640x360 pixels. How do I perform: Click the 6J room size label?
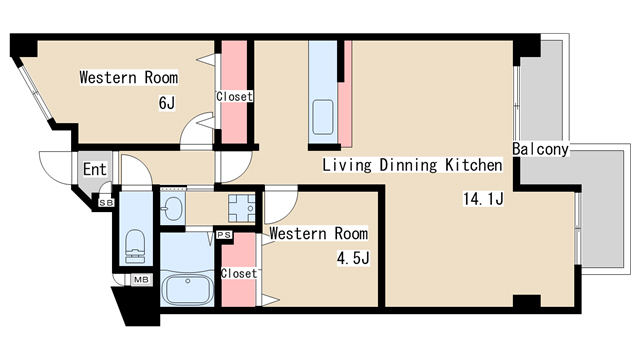tap(167, 103)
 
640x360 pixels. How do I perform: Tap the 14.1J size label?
tap(483, 199)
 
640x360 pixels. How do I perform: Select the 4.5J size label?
tap(353, 258)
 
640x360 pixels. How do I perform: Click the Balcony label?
tap(540, 149)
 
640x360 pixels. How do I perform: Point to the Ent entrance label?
tap(95, 169)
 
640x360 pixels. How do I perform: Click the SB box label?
tap(107, 202)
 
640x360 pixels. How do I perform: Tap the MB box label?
tap(141, 280)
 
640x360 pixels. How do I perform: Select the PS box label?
tap(224, 235)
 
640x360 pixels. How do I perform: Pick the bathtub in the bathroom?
tap(187, 289)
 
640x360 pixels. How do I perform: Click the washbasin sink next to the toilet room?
tap(172, 209)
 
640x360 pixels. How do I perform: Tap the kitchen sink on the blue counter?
tap(323, 117)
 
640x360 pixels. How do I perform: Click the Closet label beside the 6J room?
tap(234, 97)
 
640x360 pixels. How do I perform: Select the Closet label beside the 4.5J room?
tap(239, 273)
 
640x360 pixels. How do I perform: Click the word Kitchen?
tap(473, 165)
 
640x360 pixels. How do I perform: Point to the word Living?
tap(347, 165)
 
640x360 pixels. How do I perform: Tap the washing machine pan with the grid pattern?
tap(242, 208)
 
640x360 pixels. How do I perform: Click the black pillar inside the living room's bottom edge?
tap(527, 301)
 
